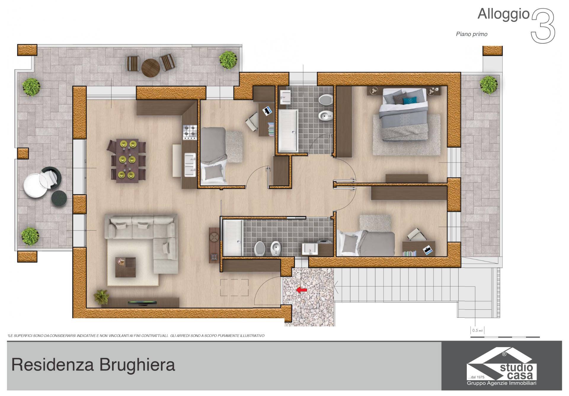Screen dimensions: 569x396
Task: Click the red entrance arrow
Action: [x=302, y=290]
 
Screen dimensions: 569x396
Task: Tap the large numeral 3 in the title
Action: [x=543, y=26]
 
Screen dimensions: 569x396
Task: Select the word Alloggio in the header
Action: [x=503, y=14]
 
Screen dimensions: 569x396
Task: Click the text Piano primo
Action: [x=471, y=34]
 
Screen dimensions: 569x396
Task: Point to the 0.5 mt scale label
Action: [x=477, y=330]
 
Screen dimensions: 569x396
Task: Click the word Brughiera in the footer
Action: [x=137, y=365]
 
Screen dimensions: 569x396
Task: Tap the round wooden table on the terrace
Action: [x=151, y=68]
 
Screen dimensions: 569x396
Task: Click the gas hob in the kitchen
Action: [x=190, y=132]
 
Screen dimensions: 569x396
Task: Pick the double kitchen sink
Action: [x=190, y=164]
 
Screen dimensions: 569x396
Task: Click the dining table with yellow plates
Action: [x=127, y=160]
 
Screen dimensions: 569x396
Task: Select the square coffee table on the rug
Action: [x=125, y=267]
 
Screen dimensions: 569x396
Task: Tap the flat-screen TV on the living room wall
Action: [x=142, y=303]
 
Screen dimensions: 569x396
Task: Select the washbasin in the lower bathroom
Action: [x=310, y=249]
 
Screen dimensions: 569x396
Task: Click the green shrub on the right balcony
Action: [x=489, y=85]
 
